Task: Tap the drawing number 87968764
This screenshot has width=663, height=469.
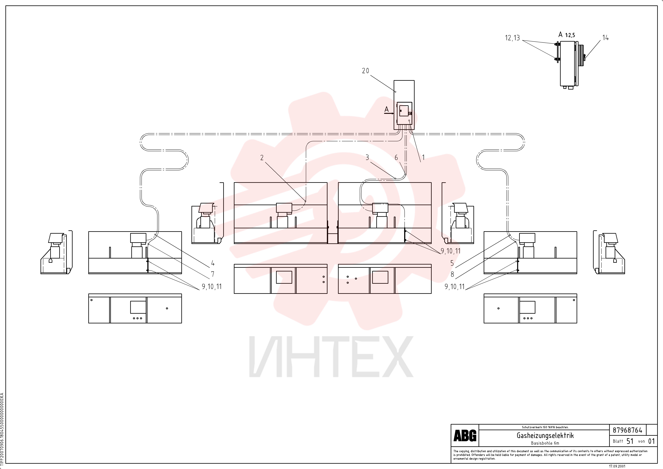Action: click(628, 430)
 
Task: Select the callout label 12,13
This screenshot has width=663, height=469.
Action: click(512, 38)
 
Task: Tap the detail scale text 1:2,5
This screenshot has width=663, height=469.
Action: click(570, 35)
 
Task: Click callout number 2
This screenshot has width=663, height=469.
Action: click(262, 157)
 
